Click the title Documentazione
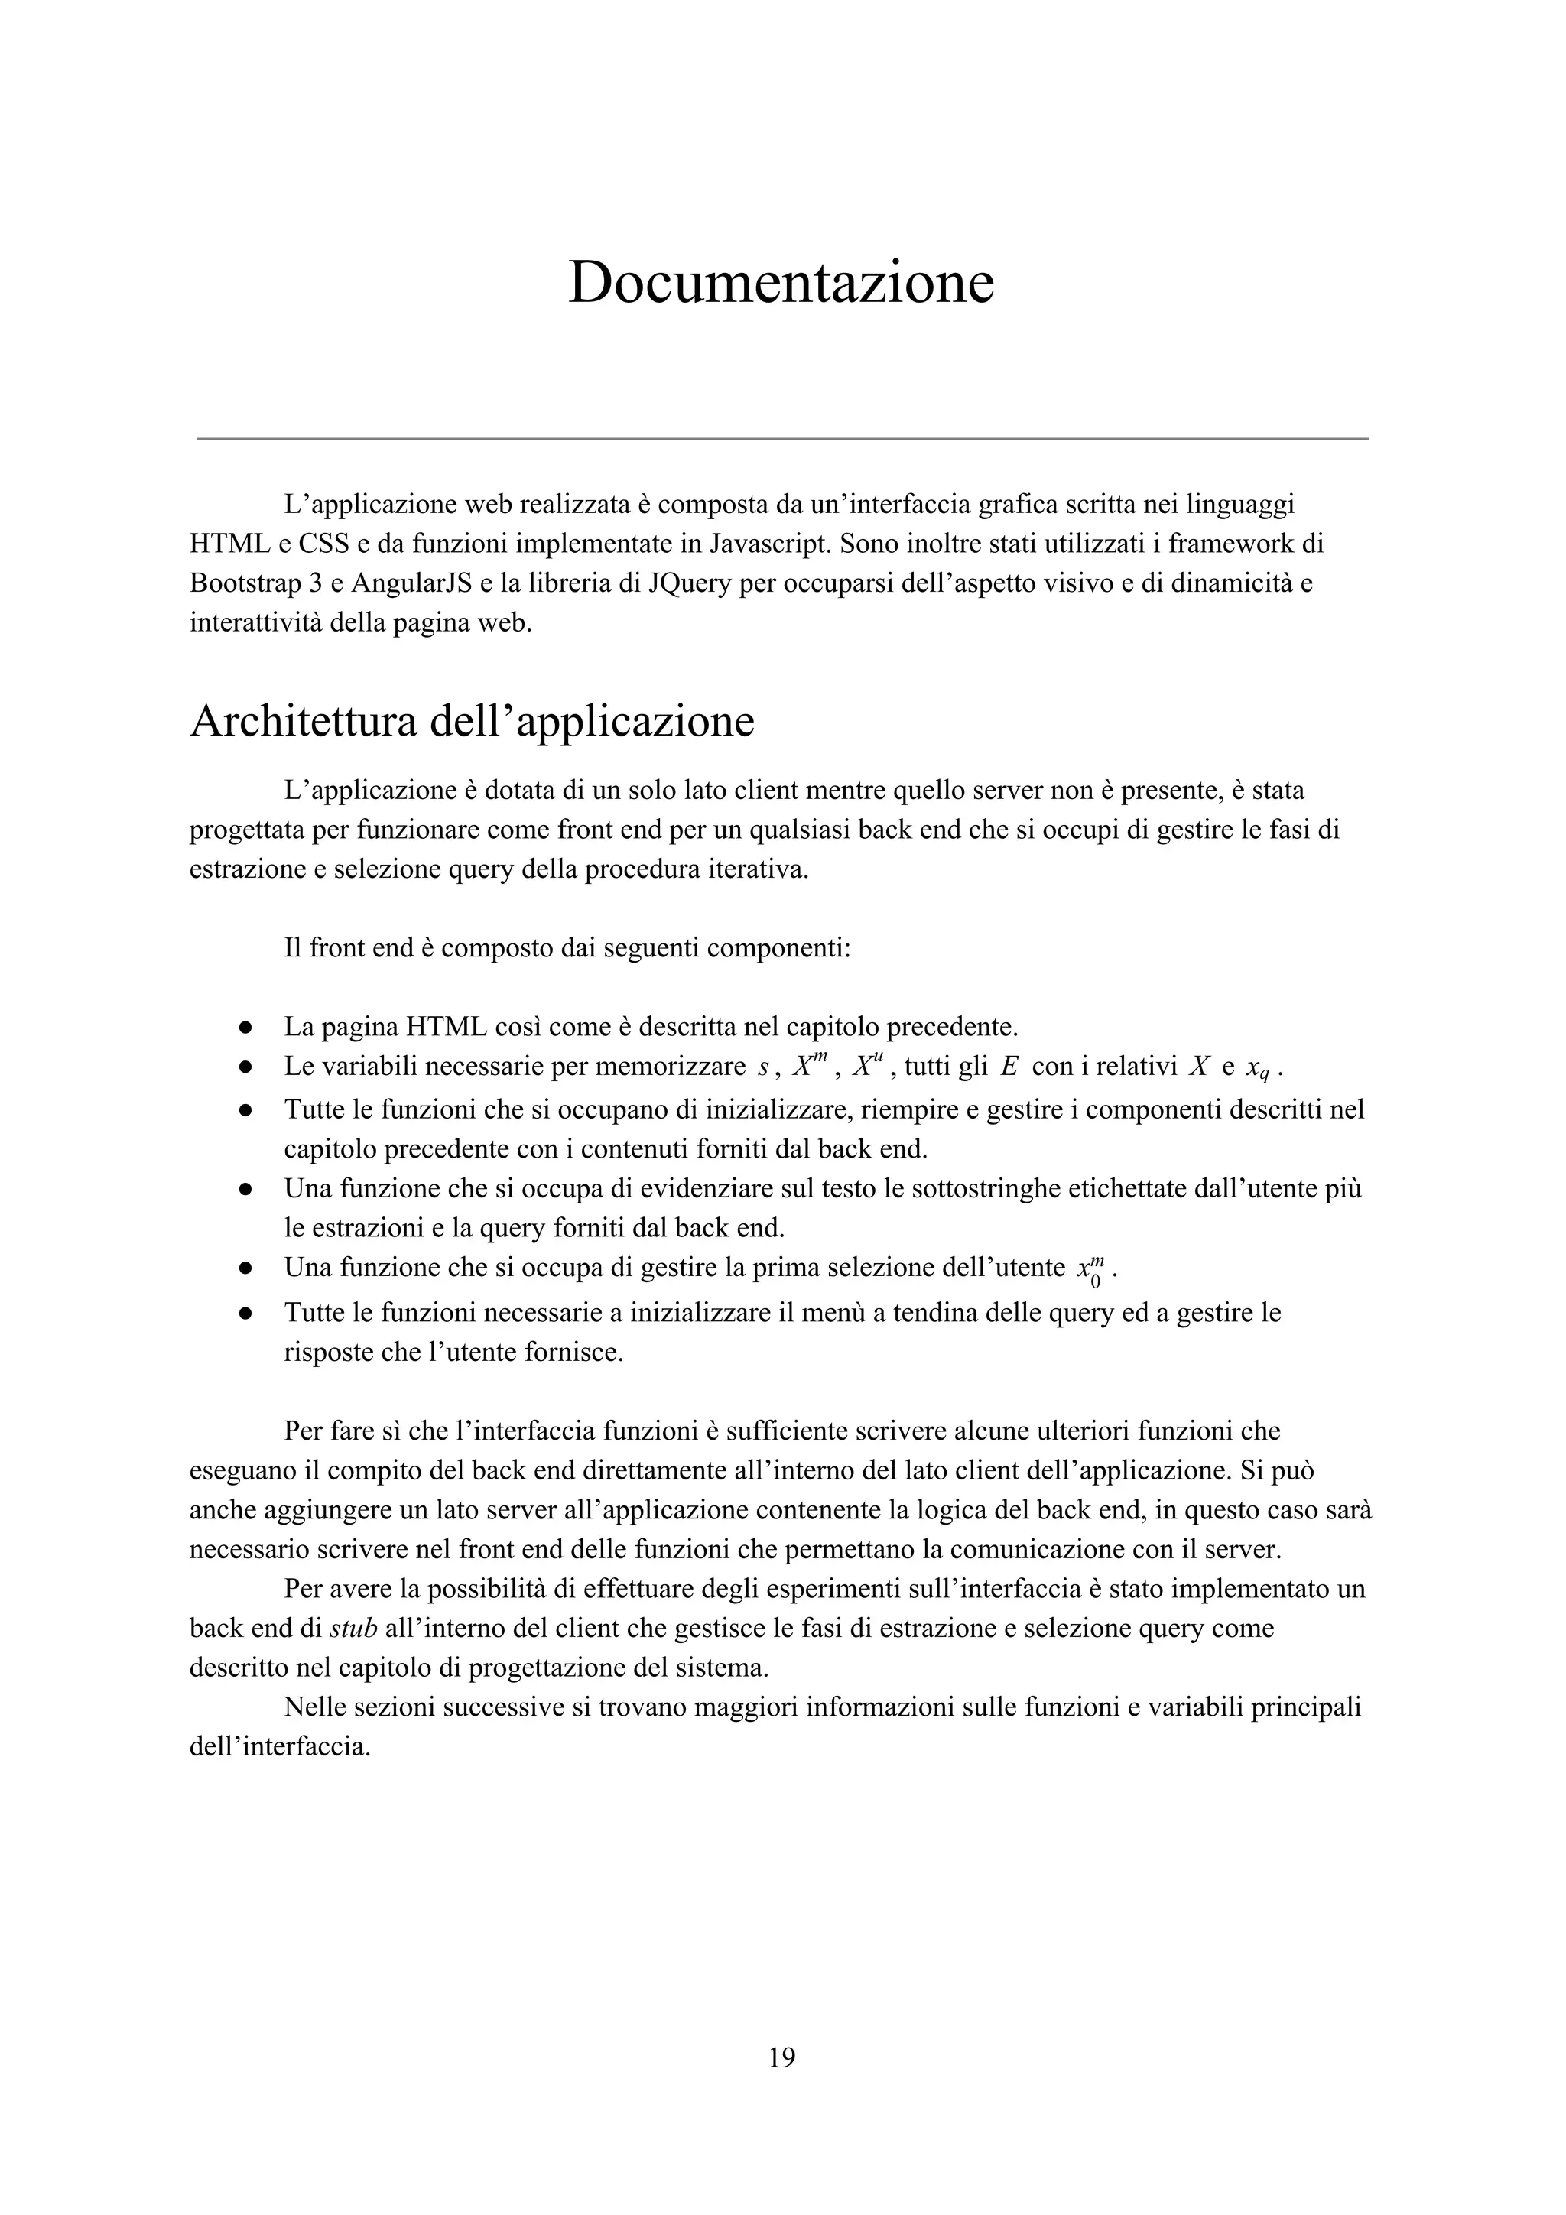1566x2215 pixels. click(781, 283)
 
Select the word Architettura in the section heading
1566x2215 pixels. click(303, 722)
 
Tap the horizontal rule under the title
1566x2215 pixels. click(781, 439)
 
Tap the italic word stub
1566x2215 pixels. click(353, 1629)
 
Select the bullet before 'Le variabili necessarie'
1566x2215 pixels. click(246, 1067)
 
